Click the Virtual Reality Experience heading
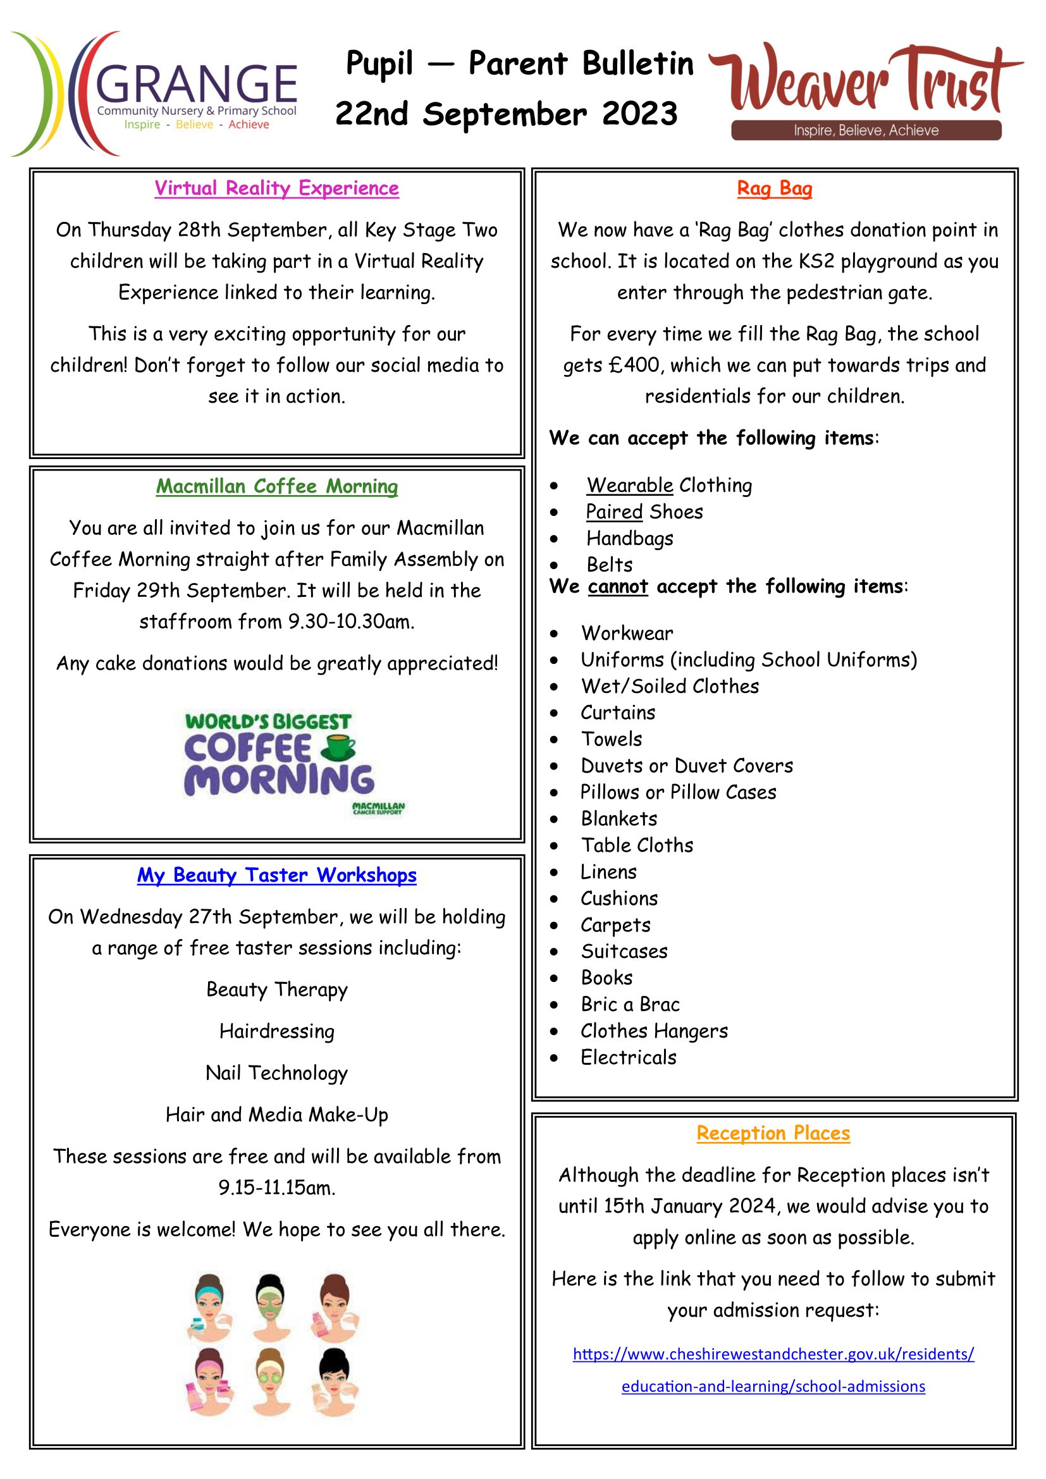point(276,188)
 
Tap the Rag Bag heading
point(774,188)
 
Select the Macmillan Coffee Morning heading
point(276,486)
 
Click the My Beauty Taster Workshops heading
point(276,875)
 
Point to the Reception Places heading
point(773,1132)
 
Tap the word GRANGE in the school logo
point(197,83)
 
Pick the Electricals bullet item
point(628,1057)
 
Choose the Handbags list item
point(629,538)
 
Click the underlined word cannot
point(618,586)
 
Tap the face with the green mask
point(270,1308)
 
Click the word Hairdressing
point(276,1031)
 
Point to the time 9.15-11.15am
point(276,1187)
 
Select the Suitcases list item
point(624,951)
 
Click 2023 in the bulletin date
point(639,114)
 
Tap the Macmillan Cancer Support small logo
point(378,809)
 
